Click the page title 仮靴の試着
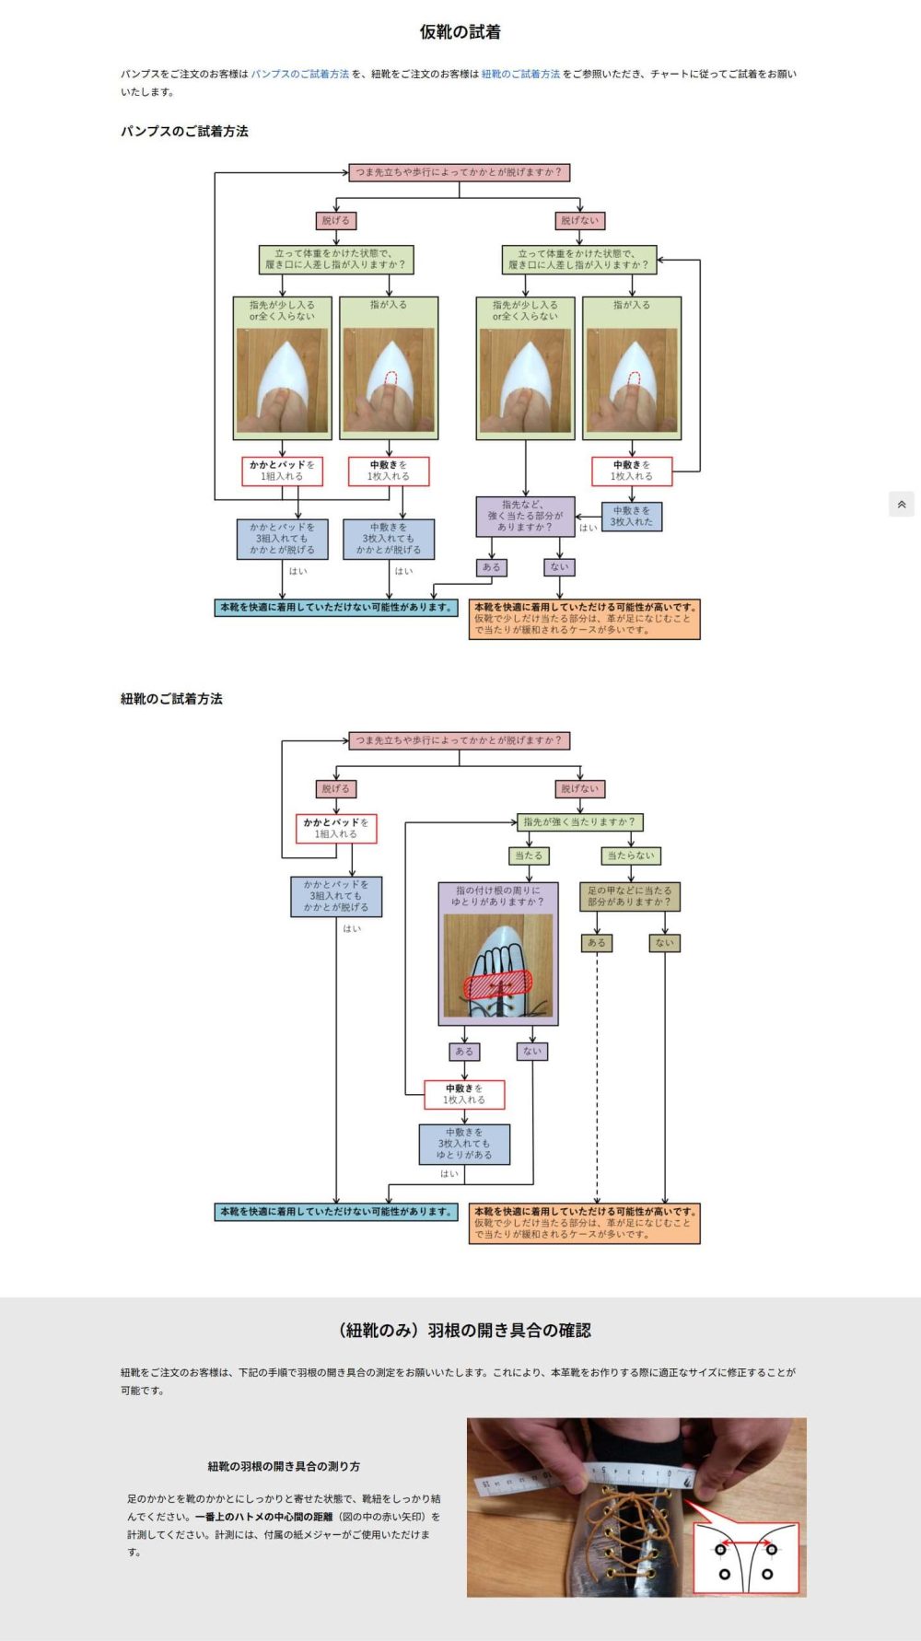pyautogui.click(x=460, y=32)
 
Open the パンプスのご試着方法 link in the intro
pyautogui.click(x=300, y=74)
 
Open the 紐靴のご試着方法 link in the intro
pyautogui.click(x=520, y=74)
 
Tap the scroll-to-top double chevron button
pyautogui.click(x=901, y=504)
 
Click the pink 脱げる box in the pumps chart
pyautogui.click(x=335, y=221)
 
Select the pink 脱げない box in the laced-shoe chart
pyautogui.click(x=579, y=789)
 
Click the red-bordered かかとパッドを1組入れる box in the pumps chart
pyautogui.click(x=282, y=471)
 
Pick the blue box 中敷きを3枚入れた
pyautogui.click(x=631, y=516)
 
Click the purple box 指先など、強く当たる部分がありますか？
pyautogui.click(x=525, y=516)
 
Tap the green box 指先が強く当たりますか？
pyautogui.click(x=578, y=821)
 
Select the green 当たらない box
pyautogui.click(x=630, y=855)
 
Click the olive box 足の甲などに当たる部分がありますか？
pyautogui.click(x=630, y=896)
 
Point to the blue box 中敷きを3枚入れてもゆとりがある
pyautogui.click(x=464, y=1144)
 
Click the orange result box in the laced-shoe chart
pyautogui.click(x=584, y=1223)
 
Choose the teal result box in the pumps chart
pyautogui.click(x=336, y=608)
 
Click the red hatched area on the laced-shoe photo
pyautogui.click(x=497, y=983)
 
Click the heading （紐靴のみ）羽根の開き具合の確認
pyautogui.click(x=464, y=1330)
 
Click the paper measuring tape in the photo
pyautogui.click(x=589, y=1476)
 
